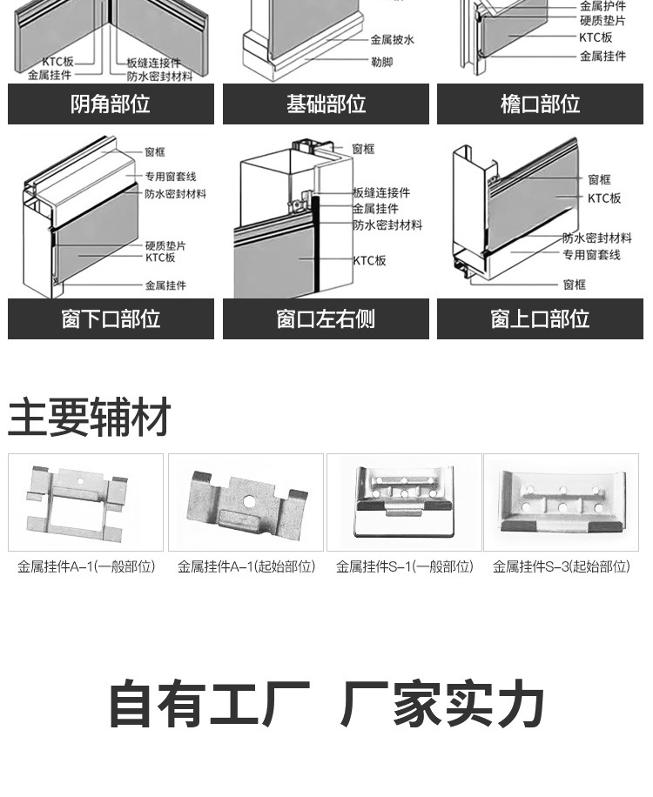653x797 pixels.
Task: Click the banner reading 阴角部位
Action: click(x=111, y=104)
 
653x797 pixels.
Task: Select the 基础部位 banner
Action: click(x=326, y=104)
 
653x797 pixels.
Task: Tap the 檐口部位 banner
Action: click(x=540, y=104)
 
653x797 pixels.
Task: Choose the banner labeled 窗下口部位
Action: click(x=111, y=318)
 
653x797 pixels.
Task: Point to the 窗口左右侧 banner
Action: click(x=326, y=318)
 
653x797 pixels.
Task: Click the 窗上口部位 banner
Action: click(x=540, y=318)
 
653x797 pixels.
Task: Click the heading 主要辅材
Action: click(x=89, y=418)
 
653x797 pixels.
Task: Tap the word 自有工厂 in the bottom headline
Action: click(x=209, y=705)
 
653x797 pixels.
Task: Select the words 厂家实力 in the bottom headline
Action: click(x=442, y=705)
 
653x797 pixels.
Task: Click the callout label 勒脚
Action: click(x=380, y=62)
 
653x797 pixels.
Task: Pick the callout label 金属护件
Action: click(x=603, y=6)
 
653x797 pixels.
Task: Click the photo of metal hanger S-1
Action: click(x=404, y=502)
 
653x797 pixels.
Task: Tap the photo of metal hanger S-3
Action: click(x=561, y=502)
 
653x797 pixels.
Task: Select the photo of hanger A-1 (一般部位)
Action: click(x=85, y=502)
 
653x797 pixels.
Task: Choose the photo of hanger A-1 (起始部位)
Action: click(x=246, y=502)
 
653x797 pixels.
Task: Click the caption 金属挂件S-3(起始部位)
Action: click(x=561, y=566)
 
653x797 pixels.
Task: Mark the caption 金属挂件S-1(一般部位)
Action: click(x=404, y=566)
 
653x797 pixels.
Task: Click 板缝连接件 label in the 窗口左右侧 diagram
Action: click(x=380, y=192)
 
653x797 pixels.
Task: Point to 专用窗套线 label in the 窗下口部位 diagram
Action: click(x=171, y=177)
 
